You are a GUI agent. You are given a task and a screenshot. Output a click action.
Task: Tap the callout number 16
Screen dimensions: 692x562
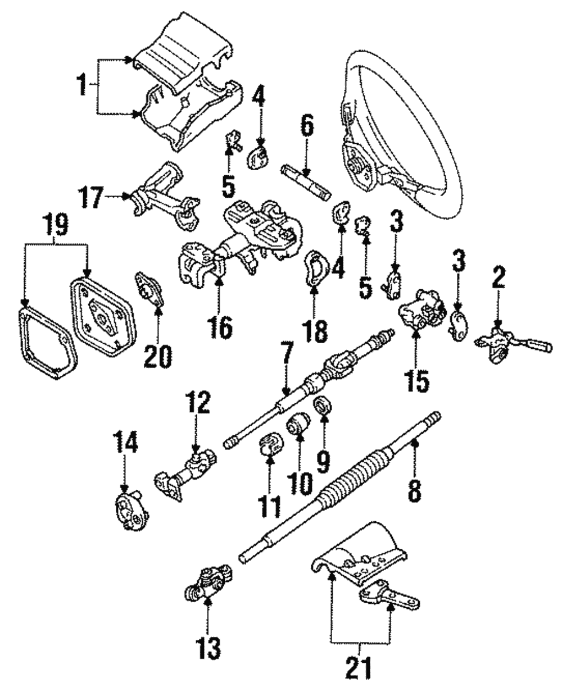coord(220,326)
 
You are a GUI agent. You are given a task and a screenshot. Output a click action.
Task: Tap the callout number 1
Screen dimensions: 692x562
coord(84,87)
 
